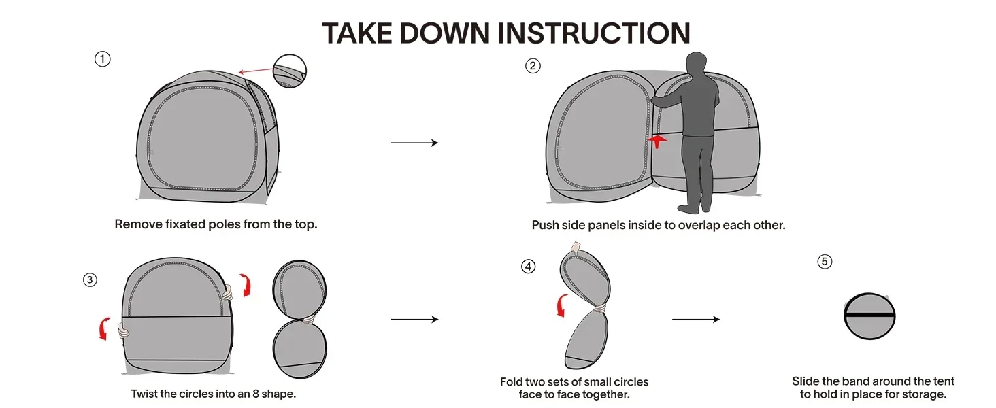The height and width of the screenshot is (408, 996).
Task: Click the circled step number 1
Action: coord(102,59)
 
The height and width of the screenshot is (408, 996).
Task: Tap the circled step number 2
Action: coord(533,66)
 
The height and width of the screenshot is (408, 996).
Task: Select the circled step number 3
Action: coord(90,279)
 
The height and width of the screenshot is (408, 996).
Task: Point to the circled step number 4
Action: coord(528,267)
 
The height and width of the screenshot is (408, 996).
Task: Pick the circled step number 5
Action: coord(825,262)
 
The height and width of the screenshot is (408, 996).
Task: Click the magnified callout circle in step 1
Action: coord(290,71)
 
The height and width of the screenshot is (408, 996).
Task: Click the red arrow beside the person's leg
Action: coord(659,139)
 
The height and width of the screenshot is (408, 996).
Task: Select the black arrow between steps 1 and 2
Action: coord(414,143)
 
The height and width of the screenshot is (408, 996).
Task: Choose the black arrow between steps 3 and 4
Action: coord(414,319)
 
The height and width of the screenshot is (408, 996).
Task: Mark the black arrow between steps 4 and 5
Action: coord(695,319)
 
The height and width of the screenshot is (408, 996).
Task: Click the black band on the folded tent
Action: coord(869,316)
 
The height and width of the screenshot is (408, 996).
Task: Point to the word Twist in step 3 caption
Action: coord(145,394)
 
